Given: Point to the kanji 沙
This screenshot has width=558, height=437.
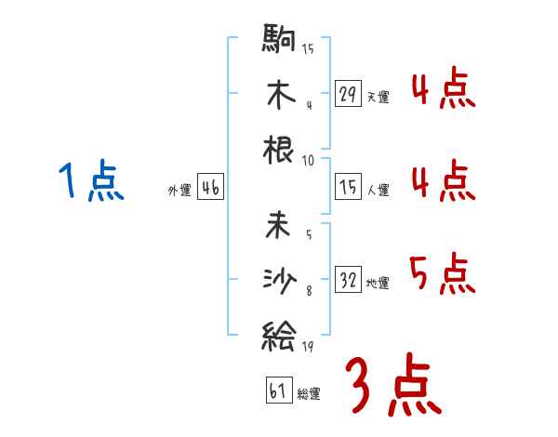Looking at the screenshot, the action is tap(279, 278).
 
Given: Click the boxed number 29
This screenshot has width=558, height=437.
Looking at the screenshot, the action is tap(349, 94).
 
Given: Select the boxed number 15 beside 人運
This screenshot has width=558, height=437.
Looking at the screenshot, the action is tap(349, 188).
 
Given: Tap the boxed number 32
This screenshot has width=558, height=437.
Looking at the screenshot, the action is tap(349, 279).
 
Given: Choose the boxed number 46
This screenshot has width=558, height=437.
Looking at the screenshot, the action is tap(210, 188).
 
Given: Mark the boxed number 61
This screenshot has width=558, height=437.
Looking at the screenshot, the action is tap(278, 391).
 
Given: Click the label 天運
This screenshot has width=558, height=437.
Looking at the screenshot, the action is tap(378, 97).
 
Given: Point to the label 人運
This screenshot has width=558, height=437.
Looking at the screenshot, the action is tap(378, 191).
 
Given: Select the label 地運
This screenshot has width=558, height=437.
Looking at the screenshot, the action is tap(378, 283).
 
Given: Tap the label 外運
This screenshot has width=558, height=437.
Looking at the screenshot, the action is tap(179, 191).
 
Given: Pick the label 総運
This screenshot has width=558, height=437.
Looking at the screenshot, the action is tap(309, 394).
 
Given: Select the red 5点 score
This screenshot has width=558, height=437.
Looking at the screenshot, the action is tap(442, 274).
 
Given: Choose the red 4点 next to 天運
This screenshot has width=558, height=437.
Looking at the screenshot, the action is tap(442, 90).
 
